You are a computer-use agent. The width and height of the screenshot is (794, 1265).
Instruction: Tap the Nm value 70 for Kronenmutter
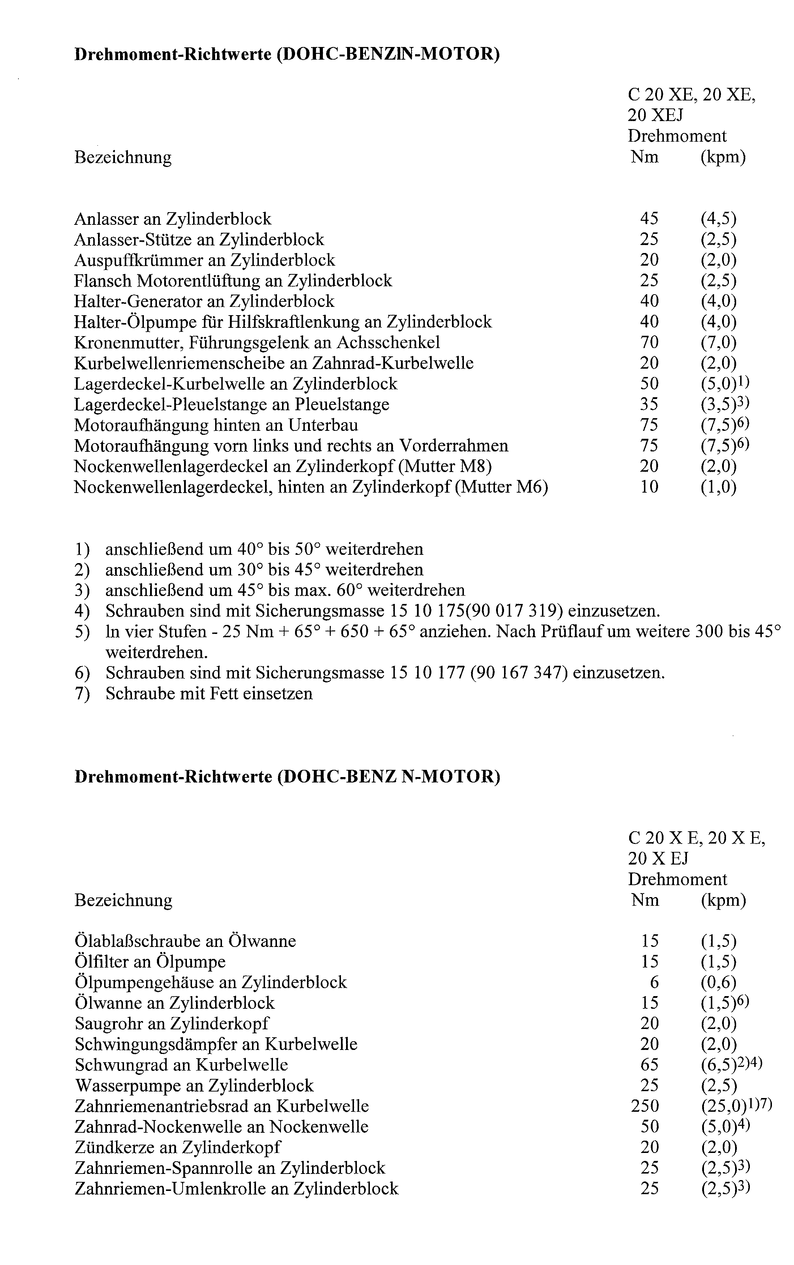coord(649,342)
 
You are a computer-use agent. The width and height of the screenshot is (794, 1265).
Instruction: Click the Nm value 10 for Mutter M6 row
coord(649,487)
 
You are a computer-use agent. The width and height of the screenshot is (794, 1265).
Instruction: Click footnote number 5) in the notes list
coord(82,631)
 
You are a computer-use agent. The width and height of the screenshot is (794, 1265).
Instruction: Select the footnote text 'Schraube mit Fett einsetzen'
coord(209,693)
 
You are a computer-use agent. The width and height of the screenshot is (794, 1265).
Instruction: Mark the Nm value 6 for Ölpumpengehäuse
coord(654,982)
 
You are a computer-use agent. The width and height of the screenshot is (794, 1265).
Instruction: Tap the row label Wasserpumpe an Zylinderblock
coord(194,1085)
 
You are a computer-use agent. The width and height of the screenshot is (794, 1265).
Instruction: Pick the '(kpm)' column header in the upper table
coord(723,157)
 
